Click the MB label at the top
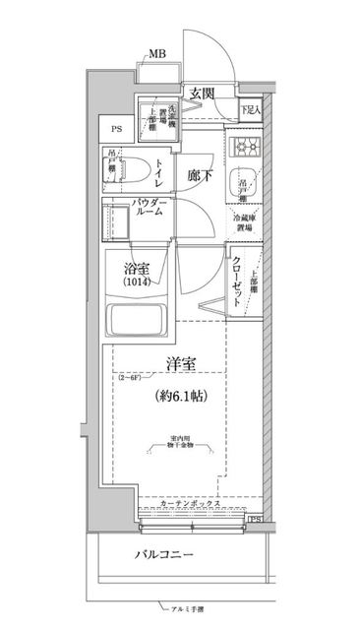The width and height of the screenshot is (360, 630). [x=156, y=54]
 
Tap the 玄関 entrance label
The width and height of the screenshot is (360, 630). [x=204, y=93]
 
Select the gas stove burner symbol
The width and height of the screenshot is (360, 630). [x=245, y=149]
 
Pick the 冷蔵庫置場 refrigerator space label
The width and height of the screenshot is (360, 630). [x=242, y=221]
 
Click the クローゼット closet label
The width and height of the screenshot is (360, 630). [x=237, y=281]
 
